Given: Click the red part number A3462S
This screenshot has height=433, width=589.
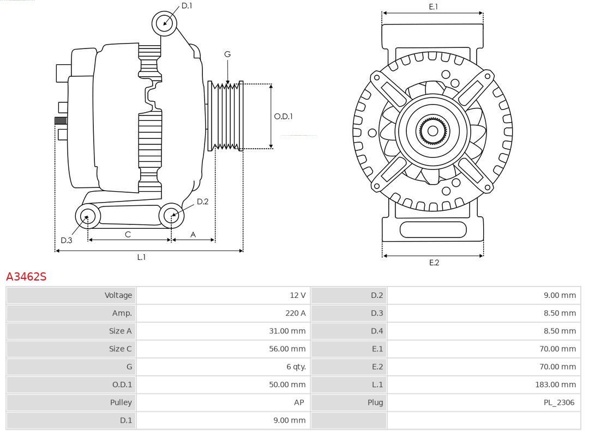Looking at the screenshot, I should click(x=26, y=277).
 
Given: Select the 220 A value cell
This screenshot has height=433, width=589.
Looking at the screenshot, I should click(x=295, y=313).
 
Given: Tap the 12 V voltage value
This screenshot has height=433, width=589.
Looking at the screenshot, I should click(x=297, y=295).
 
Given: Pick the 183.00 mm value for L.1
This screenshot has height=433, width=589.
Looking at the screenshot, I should click(x=555, y=385).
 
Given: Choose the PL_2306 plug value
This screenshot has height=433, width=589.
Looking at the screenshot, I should click(x=559, y=402).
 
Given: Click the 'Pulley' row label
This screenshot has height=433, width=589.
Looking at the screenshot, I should click(x=121, y=402).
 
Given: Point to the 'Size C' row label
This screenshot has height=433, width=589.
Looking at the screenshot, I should click(x=120, y=349).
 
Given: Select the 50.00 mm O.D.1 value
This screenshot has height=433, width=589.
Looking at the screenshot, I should click(x=287, y=385).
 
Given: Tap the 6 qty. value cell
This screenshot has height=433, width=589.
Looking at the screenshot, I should click(x=296, y=367).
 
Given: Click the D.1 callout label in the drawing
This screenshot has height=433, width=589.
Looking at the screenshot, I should click(x=187, y=5).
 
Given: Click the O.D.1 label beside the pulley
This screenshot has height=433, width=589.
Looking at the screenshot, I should click(x=283, y=116).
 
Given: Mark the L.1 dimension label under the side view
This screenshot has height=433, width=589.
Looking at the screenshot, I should click(x=141, y=257).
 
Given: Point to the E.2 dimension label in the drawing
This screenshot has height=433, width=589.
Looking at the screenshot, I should click(x=434, y=263).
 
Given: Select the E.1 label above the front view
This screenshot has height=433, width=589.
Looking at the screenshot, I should click(x=433, y=7).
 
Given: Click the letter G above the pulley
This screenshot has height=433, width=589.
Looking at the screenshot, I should click(x=227, y=54).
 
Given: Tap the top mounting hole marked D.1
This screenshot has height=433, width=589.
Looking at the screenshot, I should click(x=164, y=23).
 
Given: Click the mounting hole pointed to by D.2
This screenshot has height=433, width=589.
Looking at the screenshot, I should click(x=171, y=216).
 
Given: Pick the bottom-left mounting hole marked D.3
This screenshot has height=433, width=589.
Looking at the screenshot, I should click(x=87, y=217).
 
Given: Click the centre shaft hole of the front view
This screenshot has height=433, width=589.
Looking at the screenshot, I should click(x=432, y=131).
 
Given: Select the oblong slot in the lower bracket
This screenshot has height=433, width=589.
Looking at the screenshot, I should click(x=433, y=229).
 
